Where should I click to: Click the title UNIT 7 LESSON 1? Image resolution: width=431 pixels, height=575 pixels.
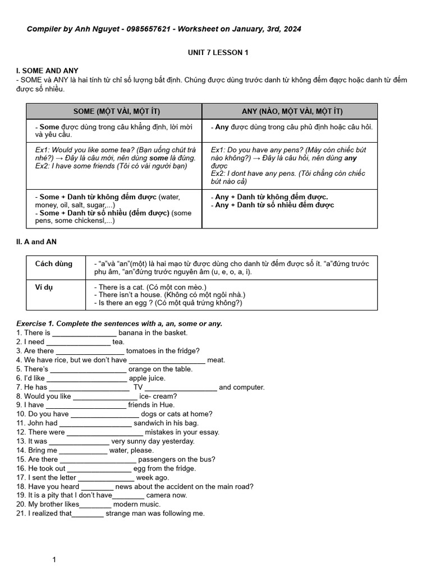pyautogui.click(x=218, y=53)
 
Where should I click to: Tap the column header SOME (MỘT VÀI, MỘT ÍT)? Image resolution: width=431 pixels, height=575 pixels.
pyautogui.click(x=114, y=111)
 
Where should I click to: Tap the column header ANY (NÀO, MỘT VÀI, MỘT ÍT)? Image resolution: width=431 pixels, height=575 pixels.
pyautogui.click(x=290, y=111)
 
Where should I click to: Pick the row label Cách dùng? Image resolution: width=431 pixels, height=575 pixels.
pyautogui.click(x=54, y=264)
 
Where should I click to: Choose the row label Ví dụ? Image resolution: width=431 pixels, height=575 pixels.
pyautogui.click(x=44, y=287)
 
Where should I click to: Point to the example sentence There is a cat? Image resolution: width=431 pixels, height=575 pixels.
pyautogui.click(x=119, y=287)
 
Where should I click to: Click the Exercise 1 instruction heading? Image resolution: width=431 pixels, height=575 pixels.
pyautogui.click(x=119, y=323)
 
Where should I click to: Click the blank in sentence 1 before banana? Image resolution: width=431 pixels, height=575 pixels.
pyautogui.click(x=84, y=333)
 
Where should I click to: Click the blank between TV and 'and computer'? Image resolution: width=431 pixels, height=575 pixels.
pyautogui.click(x=181, y=387)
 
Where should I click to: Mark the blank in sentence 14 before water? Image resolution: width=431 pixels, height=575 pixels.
pyautogui.click(x=83, y=450)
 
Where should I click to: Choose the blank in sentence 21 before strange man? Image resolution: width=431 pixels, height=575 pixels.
pyautogui.click(x=88, y=513)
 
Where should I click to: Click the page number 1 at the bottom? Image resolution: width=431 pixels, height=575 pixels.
pyautogui.click(x=54, y=559)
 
